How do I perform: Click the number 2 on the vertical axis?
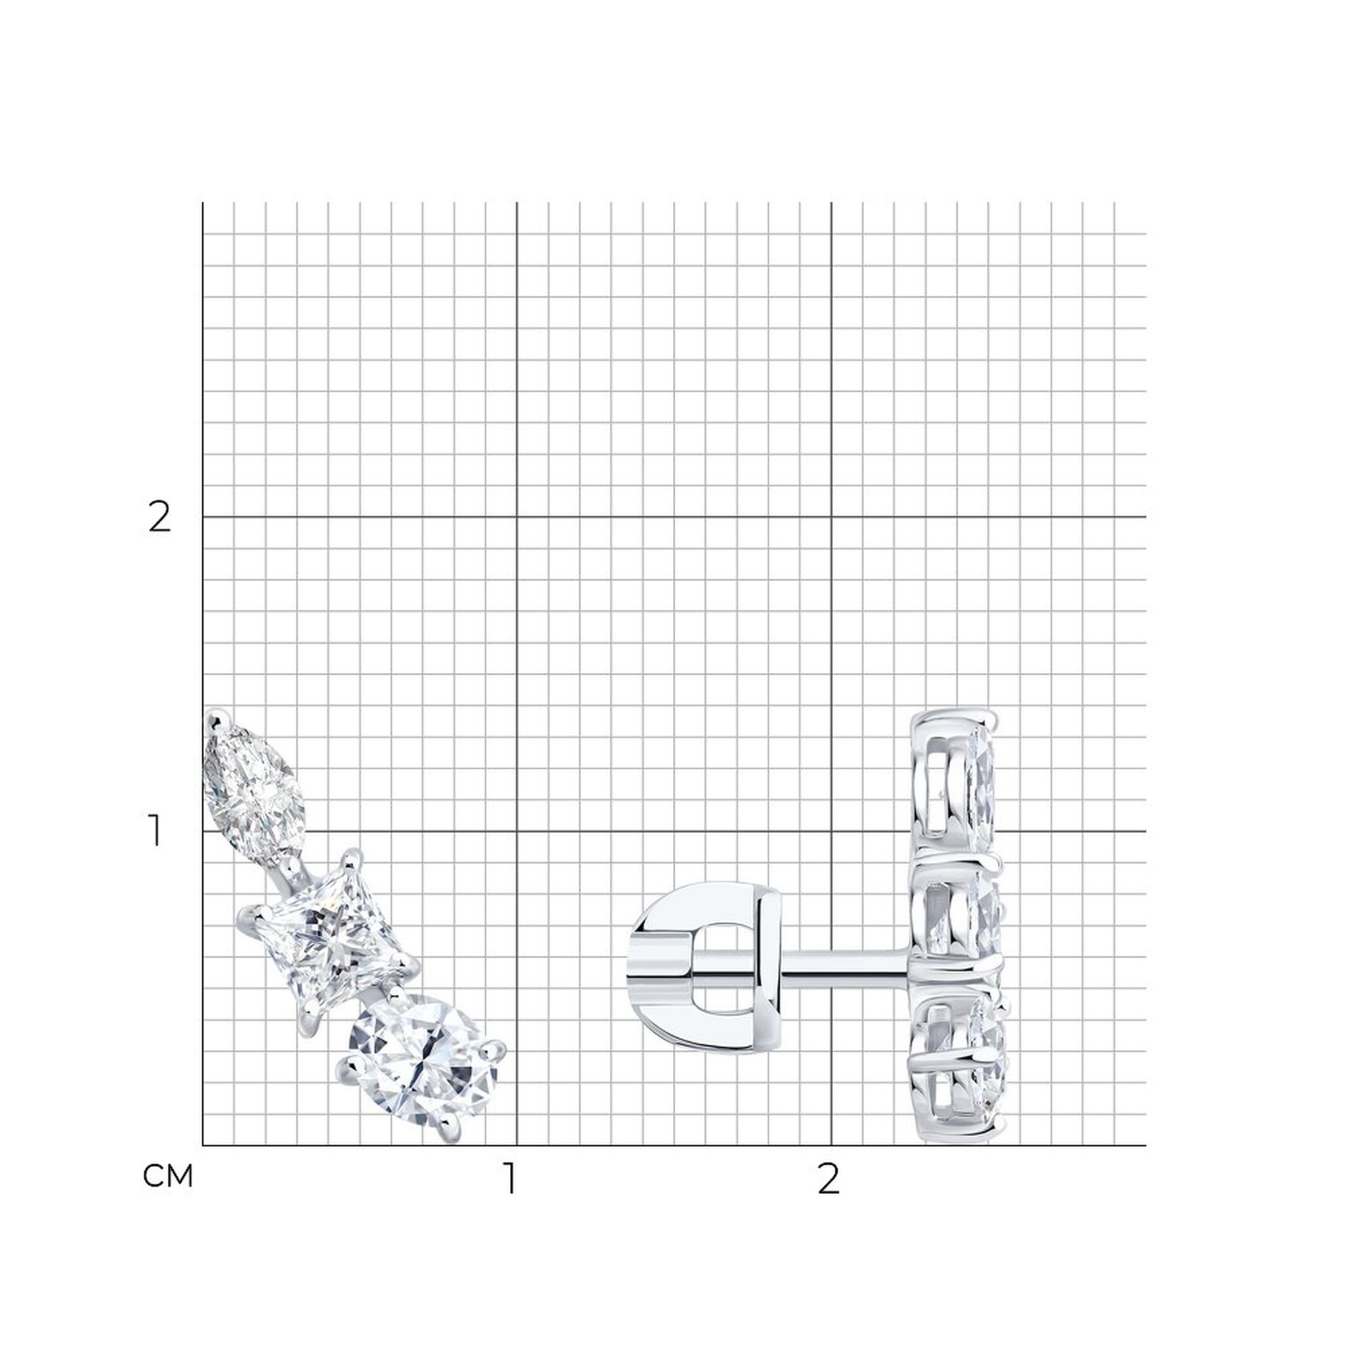pos(160,518)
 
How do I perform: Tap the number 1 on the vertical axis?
pos(156,832)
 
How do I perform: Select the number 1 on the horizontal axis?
pos(512,1178)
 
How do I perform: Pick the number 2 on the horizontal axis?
pos(828,1178)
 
